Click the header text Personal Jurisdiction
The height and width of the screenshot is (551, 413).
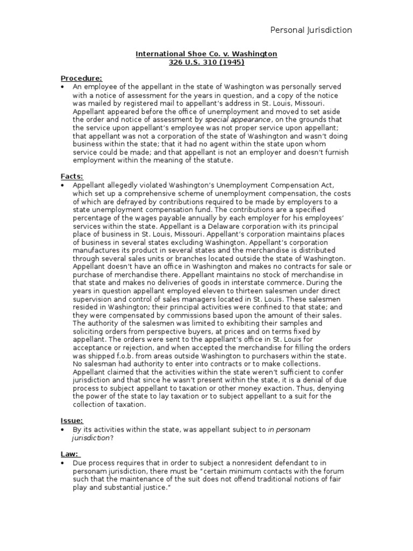(x=311, y=30)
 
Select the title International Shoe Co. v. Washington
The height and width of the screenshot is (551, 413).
(x=206, y=54)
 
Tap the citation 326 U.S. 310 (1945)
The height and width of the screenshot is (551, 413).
(x=206, y=62)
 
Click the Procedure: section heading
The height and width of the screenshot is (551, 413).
(x=81, y=79)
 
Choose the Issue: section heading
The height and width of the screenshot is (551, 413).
(x=72, y=421)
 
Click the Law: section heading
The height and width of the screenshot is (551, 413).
(x=70, y=454)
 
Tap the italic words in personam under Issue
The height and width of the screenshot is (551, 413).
(x=289, y=429)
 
